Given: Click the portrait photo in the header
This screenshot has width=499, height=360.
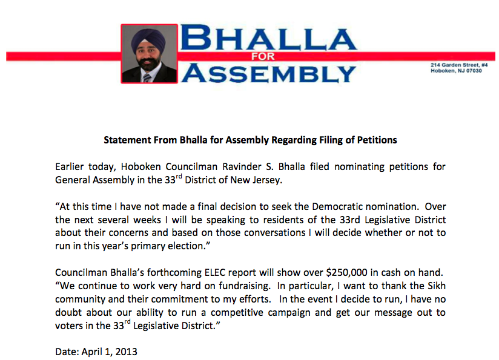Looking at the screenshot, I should (x=149, y=54).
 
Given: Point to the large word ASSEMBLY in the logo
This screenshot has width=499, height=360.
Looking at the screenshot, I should (x=269, y=73).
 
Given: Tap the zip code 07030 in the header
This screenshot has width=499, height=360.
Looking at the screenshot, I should (x=473, y=71).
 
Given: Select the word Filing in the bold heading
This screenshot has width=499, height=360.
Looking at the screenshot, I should (x=331, y=140).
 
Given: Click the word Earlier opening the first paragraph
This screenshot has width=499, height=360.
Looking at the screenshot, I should (x=71, y=166).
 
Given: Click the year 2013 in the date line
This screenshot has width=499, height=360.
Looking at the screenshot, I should (x=125, y=352).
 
